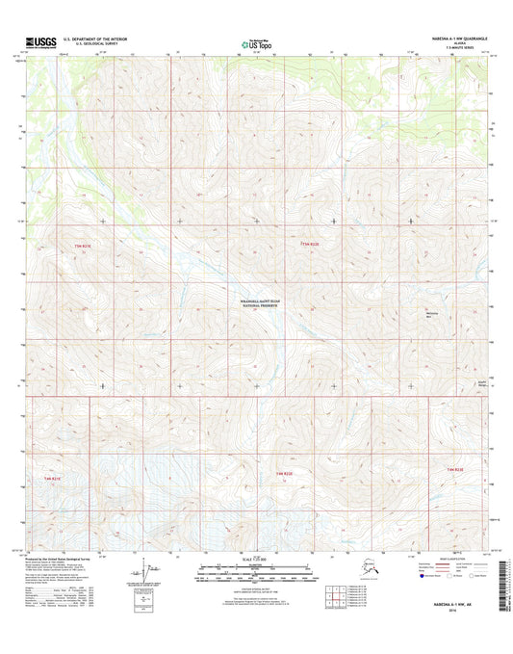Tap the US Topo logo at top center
point(254,43)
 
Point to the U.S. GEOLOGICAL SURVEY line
point(89,45)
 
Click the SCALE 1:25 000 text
point(255,561)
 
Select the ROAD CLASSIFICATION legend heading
point(452,558)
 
